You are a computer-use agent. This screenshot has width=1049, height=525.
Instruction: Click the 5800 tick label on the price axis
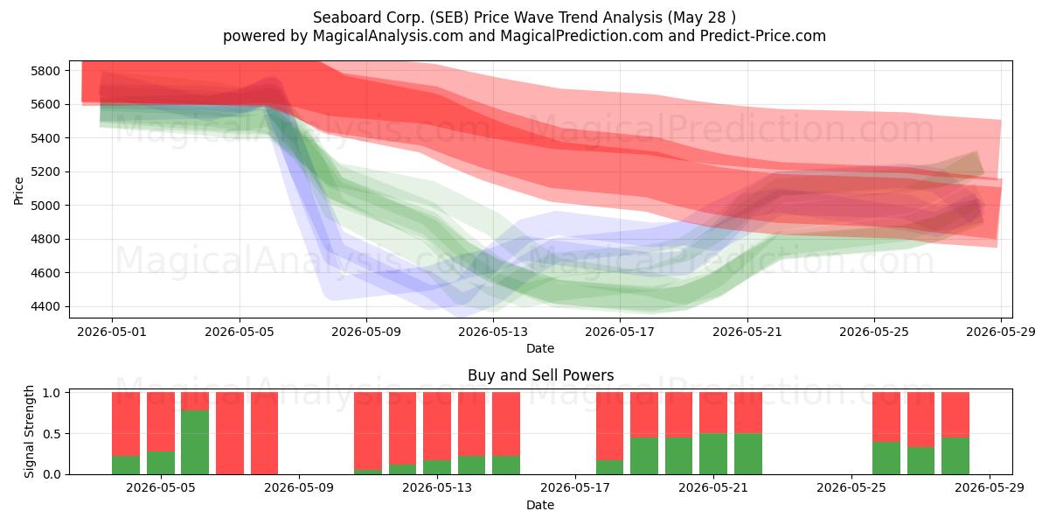pyautogui.click(x=45, y=71)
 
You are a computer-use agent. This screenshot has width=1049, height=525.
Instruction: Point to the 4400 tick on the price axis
pyautogui.click(x=45, y=306)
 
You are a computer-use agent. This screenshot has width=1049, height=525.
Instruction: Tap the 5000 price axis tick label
pyautogui.click(x=45, y=206)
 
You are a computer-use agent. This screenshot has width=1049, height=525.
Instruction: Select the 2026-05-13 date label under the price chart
pyautogui.click(x=493, y=332)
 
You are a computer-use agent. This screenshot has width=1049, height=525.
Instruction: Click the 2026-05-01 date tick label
pyautogui.click(x=112, y=332)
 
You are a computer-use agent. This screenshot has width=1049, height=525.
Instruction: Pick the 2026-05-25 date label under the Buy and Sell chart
pyautogui.click(x=851, y=488)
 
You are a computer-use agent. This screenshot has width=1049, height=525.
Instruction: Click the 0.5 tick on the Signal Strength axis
pyautogui.click(x=52, y=434)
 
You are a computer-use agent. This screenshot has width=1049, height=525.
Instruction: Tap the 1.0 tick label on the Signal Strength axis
pyautogui.click(x=52, y=393)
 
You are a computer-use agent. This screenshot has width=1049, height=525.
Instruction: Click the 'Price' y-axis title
pyautogui.click(x=18, y=191)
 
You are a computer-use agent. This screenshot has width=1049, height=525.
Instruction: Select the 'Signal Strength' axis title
pyautogui.click(x=29, y=431)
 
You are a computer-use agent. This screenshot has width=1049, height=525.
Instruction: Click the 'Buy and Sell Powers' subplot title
pyautogui.click(x=540, y=375)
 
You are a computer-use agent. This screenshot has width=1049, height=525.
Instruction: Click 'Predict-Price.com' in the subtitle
pyautogui.click(x=763, y=36)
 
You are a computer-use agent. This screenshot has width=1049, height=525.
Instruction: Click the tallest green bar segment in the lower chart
pyautogui.click(x=195, y=443)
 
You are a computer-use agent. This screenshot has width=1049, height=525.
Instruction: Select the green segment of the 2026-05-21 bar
pyautogui.click(x=713, y=454)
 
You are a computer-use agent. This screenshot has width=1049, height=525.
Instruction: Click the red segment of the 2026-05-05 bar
pyautogui.click(x=161, y=422)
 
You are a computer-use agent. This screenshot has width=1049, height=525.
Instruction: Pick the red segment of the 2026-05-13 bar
pyautogui.click(x=437, y=426)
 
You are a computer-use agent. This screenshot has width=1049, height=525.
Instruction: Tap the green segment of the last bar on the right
pyautogui.click(x=955, y=456)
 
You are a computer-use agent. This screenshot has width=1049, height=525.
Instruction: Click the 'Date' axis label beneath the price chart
pyautogui.click(x=540, y=348)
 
